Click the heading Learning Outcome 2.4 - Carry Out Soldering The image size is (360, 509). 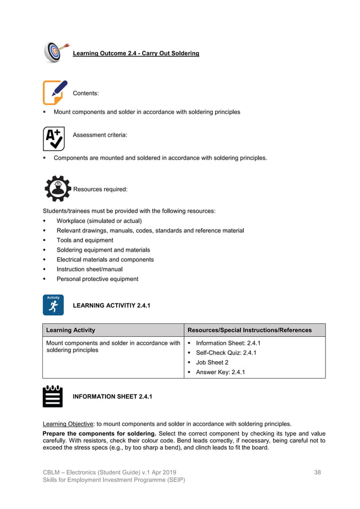[136, 54]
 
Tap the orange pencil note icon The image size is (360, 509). [55, 92]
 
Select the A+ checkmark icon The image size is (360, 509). [54, 138]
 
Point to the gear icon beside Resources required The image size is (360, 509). [57, 188]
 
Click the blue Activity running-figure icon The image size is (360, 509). [53, 305]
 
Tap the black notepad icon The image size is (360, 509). [53, 396]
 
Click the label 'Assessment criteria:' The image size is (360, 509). [100, 135]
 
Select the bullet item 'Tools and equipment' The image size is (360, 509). [85, 240]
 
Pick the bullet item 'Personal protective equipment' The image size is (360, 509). [97, 279]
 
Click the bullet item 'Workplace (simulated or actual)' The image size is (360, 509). [99, 221]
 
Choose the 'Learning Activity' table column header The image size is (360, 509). [71, 330]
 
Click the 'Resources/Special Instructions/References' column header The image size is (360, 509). [249, 330]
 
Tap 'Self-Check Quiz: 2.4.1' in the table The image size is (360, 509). [226, 353]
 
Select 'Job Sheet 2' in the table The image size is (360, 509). [212, 362]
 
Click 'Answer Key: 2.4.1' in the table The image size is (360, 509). [220, 372]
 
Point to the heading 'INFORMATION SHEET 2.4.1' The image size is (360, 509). [112, 397]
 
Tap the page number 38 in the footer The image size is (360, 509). [317, 472]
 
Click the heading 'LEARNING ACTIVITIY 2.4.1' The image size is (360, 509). [112, 305]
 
